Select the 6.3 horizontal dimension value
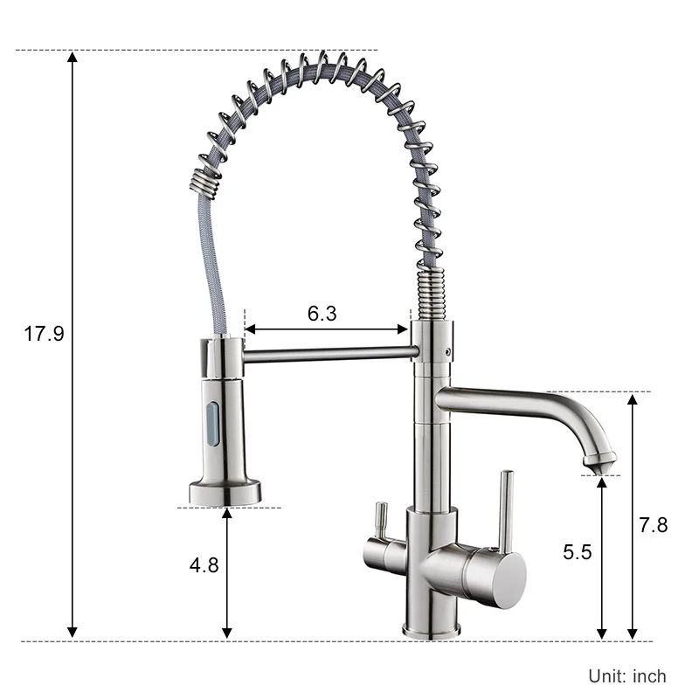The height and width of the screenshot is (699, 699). point(322,314)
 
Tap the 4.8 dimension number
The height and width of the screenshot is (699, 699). point(204,564)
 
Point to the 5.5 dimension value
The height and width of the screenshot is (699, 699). point(578,552)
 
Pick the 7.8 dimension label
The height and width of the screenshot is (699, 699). point(653,525)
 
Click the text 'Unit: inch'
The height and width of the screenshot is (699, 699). point(627,675)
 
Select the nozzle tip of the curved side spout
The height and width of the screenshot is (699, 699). point(600,463)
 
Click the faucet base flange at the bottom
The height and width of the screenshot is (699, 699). point(430,627)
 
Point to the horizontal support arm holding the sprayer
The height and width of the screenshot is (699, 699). point(328,353)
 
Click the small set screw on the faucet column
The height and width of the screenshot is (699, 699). point(449,352)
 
